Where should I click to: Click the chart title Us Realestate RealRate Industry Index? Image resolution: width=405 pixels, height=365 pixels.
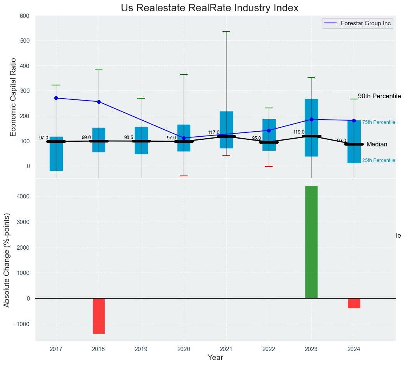[x=209, y=8]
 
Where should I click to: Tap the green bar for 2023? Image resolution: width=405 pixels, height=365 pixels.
[x=311, y=242]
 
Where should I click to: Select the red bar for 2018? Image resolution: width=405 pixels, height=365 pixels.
[x=99, y=316]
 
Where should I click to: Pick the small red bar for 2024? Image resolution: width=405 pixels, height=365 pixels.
[x=354, y=303]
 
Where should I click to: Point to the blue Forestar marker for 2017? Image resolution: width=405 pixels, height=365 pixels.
[x=56, y=98]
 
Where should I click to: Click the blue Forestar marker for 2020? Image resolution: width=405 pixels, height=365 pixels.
[x=184, y=138]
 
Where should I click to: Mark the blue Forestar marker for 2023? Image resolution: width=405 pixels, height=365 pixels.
[x=311, y=119]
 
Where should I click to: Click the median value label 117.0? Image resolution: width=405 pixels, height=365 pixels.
[x=214, y=132]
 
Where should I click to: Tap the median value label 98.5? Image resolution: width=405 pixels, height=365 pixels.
[x=129, y=137]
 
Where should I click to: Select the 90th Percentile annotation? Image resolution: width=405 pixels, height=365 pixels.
[x=379, y=96]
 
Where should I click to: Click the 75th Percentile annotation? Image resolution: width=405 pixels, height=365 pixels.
[x=379, y=123]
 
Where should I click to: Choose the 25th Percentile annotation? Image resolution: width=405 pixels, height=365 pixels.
[x=379, y=160]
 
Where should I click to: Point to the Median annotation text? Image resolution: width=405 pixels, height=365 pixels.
[x=377, y=144]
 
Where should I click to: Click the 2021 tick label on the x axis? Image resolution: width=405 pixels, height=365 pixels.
[x=226, y=349]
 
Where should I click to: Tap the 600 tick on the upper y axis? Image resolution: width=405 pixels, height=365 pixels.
[x=24, y=16]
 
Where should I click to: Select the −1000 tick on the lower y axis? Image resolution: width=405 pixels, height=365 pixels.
[x=22, y=324]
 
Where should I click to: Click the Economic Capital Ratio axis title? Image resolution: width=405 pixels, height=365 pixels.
[x=14, y=97]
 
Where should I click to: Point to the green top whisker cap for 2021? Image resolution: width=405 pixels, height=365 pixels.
[x=226, y=31]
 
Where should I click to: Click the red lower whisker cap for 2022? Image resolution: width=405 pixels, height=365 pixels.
[x=269, y=167]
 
